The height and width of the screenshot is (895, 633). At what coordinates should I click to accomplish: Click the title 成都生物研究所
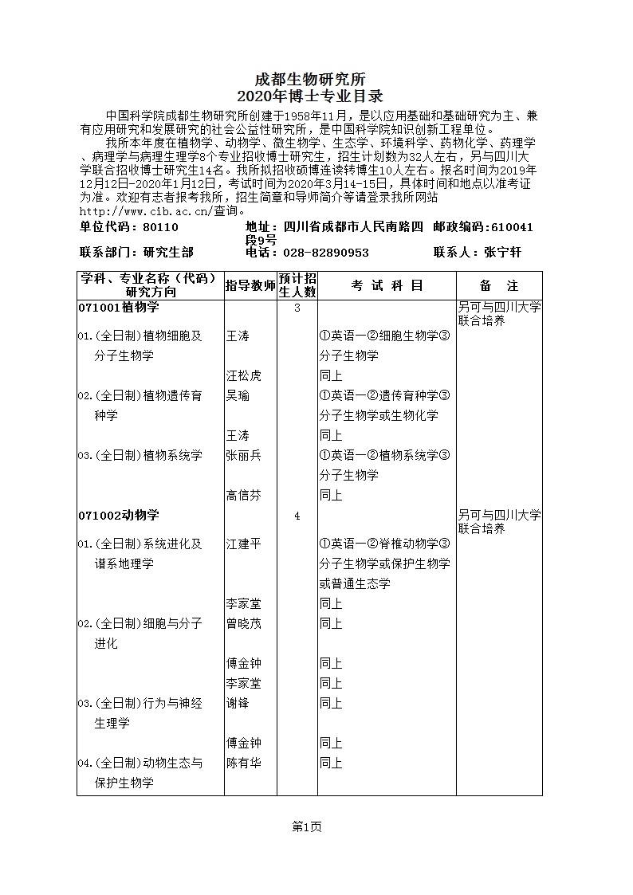[309, 80]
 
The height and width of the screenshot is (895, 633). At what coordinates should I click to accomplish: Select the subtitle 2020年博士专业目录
[309, 96]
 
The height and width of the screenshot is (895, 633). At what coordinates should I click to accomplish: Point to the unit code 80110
[160, 227]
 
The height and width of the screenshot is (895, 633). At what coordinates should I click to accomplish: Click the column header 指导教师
[250, 285]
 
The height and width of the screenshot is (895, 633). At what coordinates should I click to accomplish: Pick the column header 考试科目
[387, 285]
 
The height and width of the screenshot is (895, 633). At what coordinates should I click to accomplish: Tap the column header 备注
[499, 285]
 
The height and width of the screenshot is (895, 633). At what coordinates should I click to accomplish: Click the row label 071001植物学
[119, 308]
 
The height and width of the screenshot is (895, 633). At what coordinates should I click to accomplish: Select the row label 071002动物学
[119, 516]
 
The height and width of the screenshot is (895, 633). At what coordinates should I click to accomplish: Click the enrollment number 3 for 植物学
[297, 308]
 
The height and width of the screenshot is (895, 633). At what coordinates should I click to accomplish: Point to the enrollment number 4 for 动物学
[297, 516]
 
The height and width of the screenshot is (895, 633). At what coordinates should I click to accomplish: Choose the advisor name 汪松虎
[243, 375]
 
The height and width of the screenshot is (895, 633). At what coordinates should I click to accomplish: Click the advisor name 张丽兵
[243, 455]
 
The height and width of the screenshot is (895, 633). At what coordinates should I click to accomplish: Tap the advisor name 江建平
[243, 544]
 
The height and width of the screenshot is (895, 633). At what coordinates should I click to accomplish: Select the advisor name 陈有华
[243, 763]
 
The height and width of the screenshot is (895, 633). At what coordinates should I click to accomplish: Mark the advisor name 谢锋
[238, 703]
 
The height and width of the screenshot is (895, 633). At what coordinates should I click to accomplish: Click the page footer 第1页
[307, 827]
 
